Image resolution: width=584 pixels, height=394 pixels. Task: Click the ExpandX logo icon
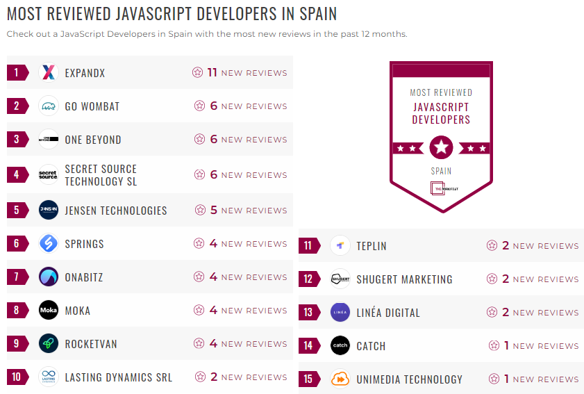pyautogui.click(x=49, y=72)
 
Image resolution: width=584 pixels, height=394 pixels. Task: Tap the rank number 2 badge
pyautogui.click(x=17, y=106)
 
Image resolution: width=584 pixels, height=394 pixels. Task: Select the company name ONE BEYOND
pyautogui.click(x=93, y=140)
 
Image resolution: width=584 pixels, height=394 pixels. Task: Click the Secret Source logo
pyautogui.click(x=49, y=175)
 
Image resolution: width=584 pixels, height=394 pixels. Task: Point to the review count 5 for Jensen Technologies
pyautogui.click(x=213, y=210)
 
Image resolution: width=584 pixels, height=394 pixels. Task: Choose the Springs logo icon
pyautogui.click(x=49, y=244)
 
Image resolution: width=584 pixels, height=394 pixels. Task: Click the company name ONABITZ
pyautogui.click(x=84, y=277)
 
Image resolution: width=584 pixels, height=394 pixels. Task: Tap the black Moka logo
pyautogui.click(x=49, y=310)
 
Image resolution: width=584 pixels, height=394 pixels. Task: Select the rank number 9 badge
pyautogui.click(x=17, y=344)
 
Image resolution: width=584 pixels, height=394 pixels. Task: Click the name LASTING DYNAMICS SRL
pyautogui.click(x=119, y=377)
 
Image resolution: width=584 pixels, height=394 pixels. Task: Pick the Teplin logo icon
pyautogui.click(x=340, y=246)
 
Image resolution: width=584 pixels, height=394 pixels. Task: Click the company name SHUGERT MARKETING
pyautogui.click(x=404, y=279)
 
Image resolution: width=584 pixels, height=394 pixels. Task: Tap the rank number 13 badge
pyautogui.click(x=309, y=313)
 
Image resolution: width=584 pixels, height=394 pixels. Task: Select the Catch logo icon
pyautogui.click(x=340, y=346)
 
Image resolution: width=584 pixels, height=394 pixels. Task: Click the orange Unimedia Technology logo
pyautogui.click(x=340, y=379)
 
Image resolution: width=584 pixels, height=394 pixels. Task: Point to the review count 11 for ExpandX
pyautogui.click(x=212, y=72)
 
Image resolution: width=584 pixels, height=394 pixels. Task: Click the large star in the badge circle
pyautogui.click(x=441, y=147)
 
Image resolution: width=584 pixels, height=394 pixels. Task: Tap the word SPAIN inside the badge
pyautogui.click(x=441, y=171)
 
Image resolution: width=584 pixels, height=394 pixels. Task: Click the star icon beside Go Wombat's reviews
pyautogui.click(x=200, y=106)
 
